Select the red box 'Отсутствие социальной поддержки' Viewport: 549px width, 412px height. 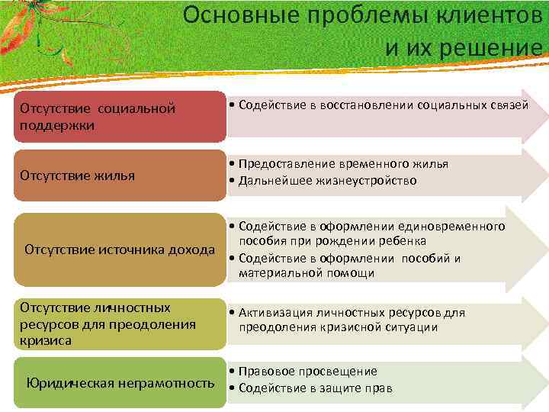120,116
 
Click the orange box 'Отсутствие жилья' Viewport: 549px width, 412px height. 120,175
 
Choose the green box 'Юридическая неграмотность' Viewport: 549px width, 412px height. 120,383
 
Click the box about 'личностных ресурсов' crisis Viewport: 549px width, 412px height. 120,324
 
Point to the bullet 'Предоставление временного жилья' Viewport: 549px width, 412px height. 343,164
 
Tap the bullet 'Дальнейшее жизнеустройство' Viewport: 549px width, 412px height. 327,181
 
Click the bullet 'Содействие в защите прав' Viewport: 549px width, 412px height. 316,388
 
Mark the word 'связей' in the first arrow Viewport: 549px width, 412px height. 509,105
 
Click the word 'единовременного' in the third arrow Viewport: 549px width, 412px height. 457,227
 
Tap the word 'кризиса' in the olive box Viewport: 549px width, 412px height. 46,341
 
